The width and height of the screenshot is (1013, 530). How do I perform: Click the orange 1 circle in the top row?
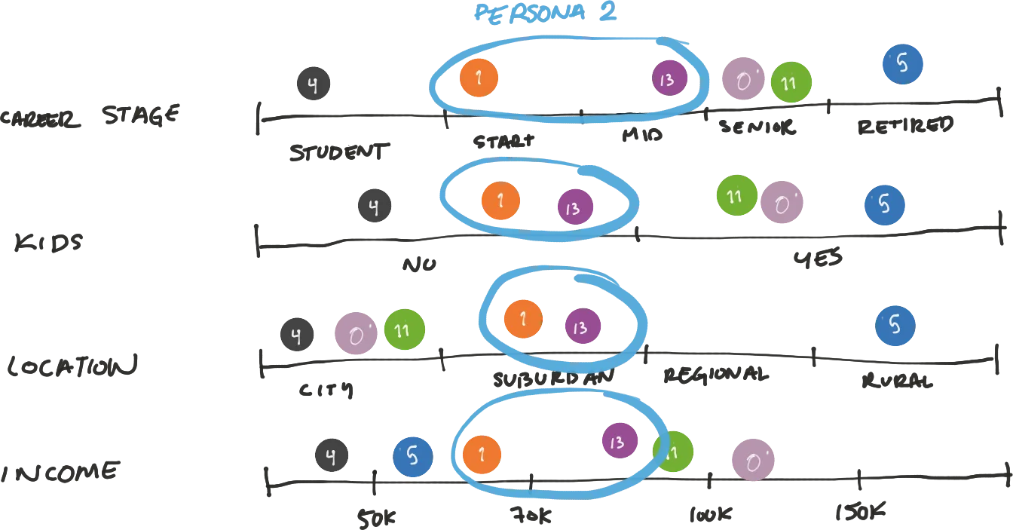click(x=479, y=78)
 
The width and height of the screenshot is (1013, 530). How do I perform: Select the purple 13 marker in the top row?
click(x=669, y=78)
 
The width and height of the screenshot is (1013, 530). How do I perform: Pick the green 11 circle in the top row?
click(x=791, y=83)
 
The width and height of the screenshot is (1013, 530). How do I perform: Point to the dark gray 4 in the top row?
click(x=313, y=83)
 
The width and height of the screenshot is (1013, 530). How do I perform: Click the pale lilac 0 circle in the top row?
click(x=742, y=81)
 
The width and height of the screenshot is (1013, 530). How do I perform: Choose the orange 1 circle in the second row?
click(x=500, y=201)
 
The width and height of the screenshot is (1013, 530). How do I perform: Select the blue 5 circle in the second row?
click(x=885, y=205)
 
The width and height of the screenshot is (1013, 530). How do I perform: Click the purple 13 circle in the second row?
click(x=576, y=207)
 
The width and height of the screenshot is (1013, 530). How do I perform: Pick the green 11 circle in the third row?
click(x=405, y=330)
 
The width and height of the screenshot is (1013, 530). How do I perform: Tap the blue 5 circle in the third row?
click(x=895, y=325)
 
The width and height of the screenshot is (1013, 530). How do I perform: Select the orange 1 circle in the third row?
click(x=523, y=319)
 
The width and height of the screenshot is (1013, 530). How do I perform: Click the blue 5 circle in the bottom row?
click(x=413, y=456)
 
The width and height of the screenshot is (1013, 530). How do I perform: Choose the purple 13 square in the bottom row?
click(x=620, y=440)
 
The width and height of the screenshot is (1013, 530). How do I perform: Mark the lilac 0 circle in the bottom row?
click(x=753, y=458)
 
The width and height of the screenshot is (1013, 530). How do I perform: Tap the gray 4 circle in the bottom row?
click(x=331, y=455)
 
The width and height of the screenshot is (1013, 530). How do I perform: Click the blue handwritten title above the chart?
click(x=546, y=13)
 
